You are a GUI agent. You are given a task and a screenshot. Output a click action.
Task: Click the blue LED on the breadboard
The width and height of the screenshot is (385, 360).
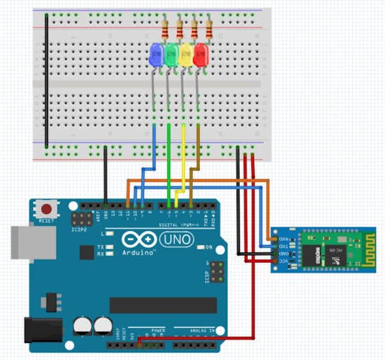click(156, 55)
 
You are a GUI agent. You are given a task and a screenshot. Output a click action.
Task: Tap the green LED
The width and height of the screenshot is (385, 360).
click(171, 55)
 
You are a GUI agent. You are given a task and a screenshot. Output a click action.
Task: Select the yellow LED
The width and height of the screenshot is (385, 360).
click(186, 55)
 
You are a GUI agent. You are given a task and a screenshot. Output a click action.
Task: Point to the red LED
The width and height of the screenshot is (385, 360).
click(201, 55)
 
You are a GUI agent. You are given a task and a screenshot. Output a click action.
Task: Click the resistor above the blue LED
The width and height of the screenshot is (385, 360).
click(165, 29)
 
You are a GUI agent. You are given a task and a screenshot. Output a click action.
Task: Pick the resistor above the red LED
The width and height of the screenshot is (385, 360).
click(210, 29)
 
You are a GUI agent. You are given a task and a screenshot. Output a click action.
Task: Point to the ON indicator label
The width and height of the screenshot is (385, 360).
click(208, 247)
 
